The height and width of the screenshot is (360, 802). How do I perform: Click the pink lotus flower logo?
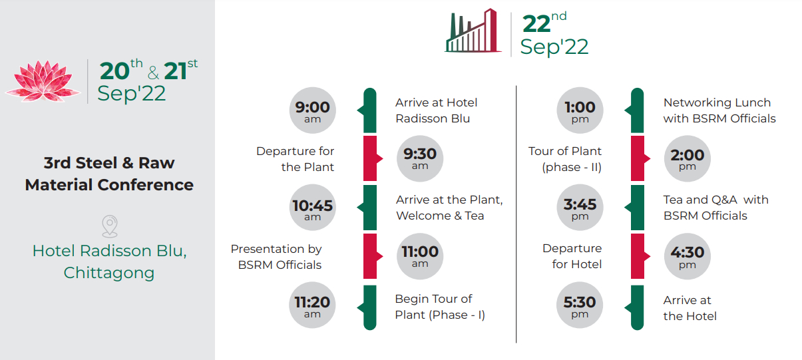pyautogui.click(x=43, y=81)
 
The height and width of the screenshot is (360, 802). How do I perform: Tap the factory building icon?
pyautogui.click(x=473, y=31)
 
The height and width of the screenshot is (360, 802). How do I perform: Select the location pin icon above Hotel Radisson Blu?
pyautogui.click(x=110, y=226)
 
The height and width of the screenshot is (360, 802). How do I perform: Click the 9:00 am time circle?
pyautogui.click(x=313, y=110)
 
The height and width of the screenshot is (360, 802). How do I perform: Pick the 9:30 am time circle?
pyautogui.click(x=420, y=158)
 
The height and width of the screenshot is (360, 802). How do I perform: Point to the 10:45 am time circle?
pyautogui.click(x=313, y=207)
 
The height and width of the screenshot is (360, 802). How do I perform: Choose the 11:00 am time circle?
pyautogui.click(x=420, y=256)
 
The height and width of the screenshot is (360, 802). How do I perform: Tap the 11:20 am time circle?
pyautogui.click(x=312, y=305)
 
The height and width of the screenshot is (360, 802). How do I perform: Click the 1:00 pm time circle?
pyautogui.click(x=580, y=110)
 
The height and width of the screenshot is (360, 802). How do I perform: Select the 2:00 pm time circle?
pyautogui.click(x=688, y=158)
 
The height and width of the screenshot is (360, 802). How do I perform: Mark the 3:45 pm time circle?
pyautogui.click(x=580, y=207)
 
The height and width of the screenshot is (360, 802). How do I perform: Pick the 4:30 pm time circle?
pyautogui.click(x=688, y=256)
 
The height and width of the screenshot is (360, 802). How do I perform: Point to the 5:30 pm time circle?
pyautogui.click(x=580, y=305)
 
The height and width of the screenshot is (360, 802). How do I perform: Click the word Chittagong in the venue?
pyautogui.click(x=109, y=273)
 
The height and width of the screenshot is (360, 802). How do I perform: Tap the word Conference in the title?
pyautogui.click(x=145, y=185)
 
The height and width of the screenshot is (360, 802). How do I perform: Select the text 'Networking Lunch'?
pyautogui.click(x=717, y=102)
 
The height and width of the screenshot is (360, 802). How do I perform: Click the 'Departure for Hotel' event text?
pyautogui.click(x=572, y=256)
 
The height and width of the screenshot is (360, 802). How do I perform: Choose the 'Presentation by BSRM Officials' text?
pyautogui.click(x=276, y=257)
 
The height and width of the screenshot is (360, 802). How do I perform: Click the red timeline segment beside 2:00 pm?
pyautogui.click(x=638, y=158)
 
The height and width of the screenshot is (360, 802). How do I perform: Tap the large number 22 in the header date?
pyautogui.click(x=536, y=24)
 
